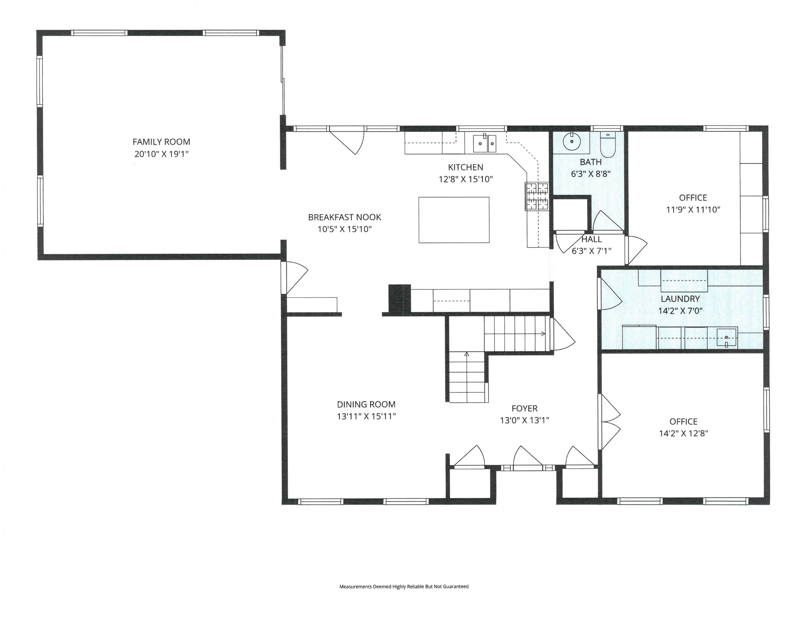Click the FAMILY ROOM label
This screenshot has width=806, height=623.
(x=161, y=142)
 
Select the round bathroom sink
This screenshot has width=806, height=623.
(x=572, y=141)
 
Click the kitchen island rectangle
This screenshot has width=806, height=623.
(x=454, y=220)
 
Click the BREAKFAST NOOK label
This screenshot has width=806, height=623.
(x=344, y=217)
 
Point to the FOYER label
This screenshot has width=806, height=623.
(x=524, y=409)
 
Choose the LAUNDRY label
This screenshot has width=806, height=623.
(x=680, y=299)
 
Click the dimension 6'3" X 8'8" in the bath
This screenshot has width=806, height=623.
(x=591, y=174)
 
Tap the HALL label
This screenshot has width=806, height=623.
(x=592, y=239)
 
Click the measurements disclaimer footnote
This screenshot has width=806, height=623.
(x=404, y=586)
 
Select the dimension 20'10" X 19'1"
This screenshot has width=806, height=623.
(x=161, y=154)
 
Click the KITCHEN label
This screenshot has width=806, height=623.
(x=465, y=167)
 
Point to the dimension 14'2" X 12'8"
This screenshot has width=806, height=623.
(x=684, y=433)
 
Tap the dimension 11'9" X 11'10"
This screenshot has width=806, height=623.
(x=693, y=210)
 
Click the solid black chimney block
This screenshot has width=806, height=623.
(x=400, y=299)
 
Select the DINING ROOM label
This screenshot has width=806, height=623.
(x=366, y=404)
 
